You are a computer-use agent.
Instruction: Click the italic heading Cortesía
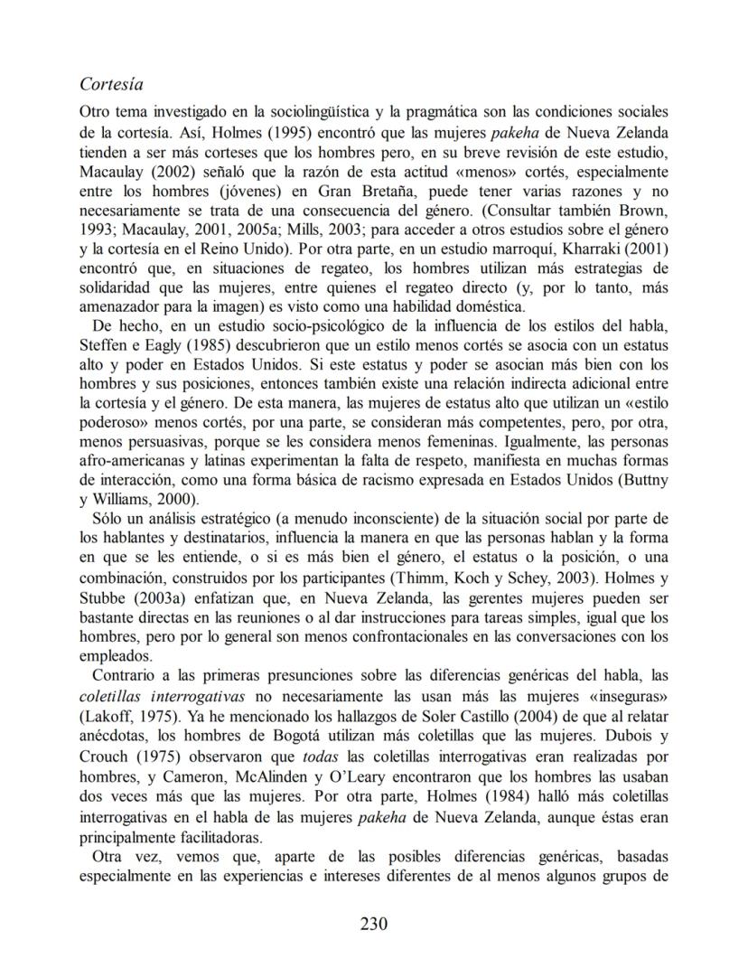point(113,84)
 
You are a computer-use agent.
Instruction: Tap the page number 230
point(373,923)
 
